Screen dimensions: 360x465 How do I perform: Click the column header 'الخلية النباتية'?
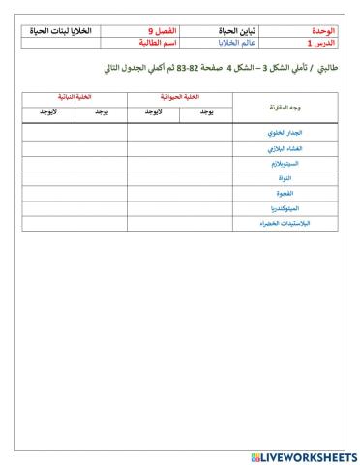point(75,99)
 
